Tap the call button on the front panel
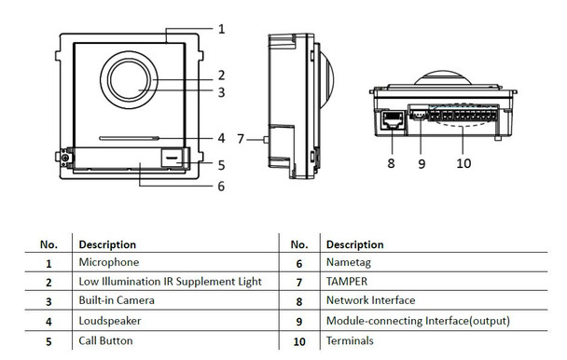click(172, 159)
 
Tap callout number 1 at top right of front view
click(222, 29)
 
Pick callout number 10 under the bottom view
click(463, 163)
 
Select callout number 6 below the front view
click(221, 186)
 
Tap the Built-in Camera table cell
click(117, 301)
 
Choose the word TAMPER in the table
click(346, 282)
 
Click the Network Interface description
click(370, 301)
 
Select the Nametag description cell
click(348, 264)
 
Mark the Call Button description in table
click(105, 340)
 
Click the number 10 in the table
click(299, 341)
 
